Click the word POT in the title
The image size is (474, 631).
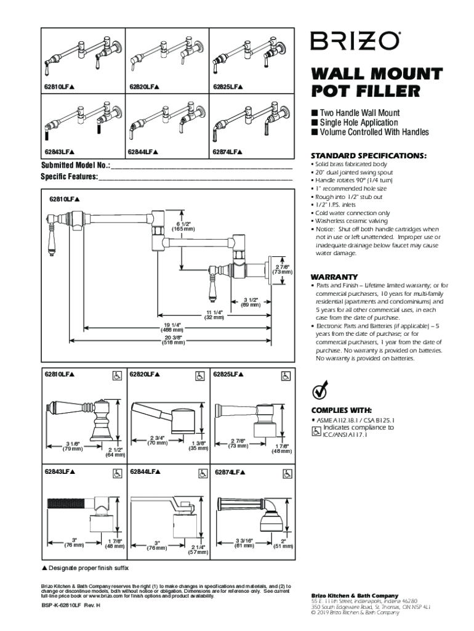pos(330,92)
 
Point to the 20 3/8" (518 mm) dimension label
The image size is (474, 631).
pos(173,340)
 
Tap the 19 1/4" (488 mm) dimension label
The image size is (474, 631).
pos(172,327)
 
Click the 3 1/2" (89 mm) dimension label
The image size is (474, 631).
pos(250,302)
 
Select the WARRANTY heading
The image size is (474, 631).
pos(334,276)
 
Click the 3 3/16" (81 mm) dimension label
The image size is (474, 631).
pos(245,543)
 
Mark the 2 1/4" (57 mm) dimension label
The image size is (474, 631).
pos(198,550)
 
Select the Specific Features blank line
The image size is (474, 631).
pos(195,177)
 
